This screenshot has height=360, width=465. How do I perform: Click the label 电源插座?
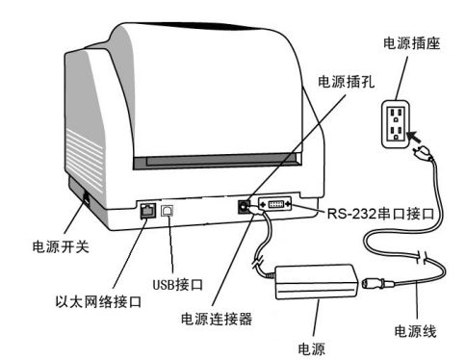pyautogui.click(x=411, y=43)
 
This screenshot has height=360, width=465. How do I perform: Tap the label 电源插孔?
pyautogui.click(x=346, y=82)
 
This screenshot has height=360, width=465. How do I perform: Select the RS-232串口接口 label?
pyautogui.click(x=380, y=214)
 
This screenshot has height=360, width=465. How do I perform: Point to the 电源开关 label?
pyautogui.click(x=61, y=246)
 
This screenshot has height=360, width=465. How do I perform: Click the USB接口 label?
pyautogui.click(x=177, y=284)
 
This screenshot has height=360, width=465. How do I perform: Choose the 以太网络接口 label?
pyautogui.click(x=98, y=301)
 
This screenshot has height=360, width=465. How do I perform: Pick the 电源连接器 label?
pyautogui.click(x=217, y=319)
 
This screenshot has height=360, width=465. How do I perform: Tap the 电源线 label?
pyautogui.click(x=416, y=331)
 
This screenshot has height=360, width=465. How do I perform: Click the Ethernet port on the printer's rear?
pyautogui.click(x=148, y=211)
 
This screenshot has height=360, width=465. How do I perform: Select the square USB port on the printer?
pyautogui.click(x=168, y=211)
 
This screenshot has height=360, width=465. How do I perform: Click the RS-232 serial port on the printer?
pyautogui.click(x=275, y=204)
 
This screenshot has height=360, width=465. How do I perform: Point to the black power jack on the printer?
pyautogui.click(x=244, y=207)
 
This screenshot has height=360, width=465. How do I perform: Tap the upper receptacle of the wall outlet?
pyautogui.click(x=396, y=115)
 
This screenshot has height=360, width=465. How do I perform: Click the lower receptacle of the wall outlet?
pyautogui.click(x=396, y=133)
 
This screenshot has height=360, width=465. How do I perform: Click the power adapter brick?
pyautogui.click(x=317, y=282)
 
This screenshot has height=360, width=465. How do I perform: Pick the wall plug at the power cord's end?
pyautogui.click(x=423, y=153)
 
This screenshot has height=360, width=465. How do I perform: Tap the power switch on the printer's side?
pyautogui.click(x=86, y=199)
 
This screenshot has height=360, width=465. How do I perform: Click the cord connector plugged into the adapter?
pyautogui.click(x=377, y=284)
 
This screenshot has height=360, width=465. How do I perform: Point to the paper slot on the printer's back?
pyautogui.click(x=218, y=162)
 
